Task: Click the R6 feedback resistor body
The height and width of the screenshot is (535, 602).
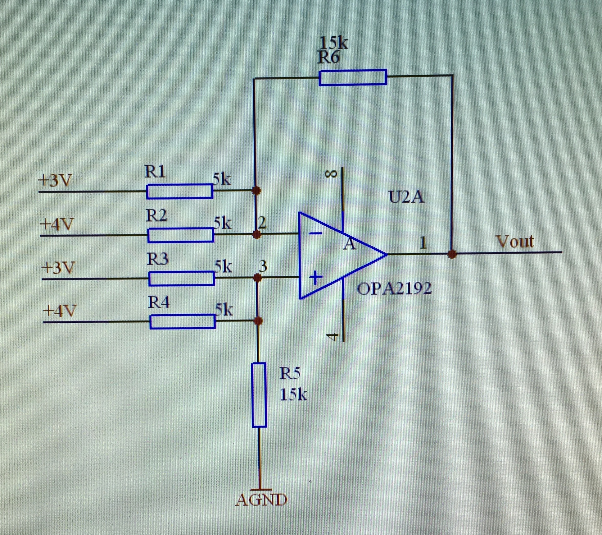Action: point(353,77)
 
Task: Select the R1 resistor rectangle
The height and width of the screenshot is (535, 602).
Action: point(179,191)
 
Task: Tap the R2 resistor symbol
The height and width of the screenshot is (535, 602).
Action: point(181,235)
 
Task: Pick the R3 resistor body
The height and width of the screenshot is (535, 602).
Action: point(182,279)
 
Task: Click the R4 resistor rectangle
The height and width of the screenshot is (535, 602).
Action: point(183,321)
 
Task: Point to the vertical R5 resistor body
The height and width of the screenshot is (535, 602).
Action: point(259,395)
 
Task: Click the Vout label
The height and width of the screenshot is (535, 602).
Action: point(514,242)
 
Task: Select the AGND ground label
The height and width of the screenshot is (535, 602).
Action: point(261,500)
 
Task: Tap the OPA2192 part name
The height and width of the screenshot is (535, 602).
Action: point(394,289)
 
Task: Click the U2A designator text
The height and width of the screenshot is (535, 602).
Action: point(406,197)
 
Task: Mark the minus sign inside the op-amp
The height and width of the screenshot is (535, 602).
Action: point(316,233)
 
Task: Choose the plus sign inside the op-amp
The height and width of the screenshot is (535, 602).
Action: point(316,278)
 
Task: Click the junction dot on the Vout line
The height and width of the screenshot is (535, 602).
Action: point(452,254)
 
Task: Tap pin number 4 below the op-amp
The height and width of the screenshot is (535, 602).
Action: point(333,337)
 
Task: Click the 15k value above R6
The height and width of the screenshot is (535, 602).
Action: point(333,43)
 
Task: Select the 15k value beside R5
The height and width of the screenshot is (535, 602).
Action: point(293,395)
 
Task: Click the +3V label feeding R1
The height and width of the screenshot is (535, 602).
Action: point(55,180)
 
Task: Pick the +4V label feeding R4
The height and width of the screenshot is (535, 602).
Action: point(59,310)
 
